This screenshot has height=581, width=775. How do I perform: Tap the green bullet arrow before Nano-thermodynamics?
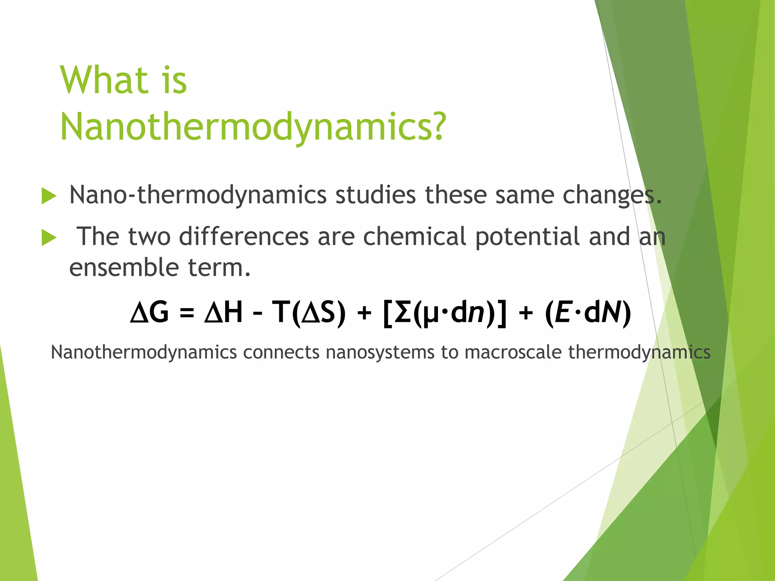point(48,196)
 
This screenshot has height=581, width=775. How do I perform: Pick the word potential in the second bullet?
point(528,237)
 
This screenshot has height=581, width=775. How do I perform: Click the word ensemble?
point(124,267)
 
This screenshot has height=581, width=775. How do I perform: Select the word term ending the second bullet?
point(219,267)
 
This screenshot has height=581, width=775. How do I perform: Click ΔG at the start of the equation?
point(149,312)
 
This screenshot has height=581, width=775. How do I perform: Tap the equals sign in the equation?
point(187,313)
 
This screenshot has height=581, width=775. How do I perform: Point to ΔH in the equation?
point(223,312)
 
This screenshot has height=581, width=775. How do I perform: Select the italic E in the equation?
point(563,312)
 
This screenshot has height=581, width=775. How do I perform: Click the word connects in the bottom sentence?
point(281,352)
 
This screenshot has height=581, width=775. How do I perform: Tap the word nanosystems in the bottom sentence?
point(380,352)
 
